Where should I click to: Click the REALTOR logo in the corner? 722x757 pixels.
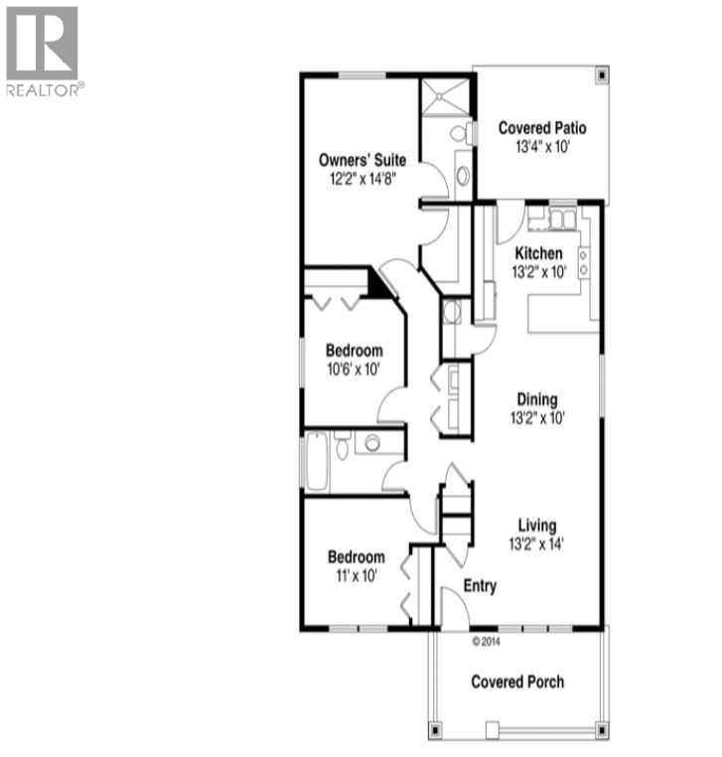pyautogui.click(x=43, y=50)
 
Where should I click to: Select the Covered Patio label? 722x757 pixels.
pyautogui.click(x=541, y=128)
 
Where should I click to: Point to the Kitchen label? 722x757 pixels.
pyautogui.click(x=537, y=253)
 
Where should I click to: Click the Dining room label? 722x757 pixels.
pyautogui.click(x=536, y=399)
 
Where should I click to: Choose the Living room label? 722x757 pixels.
pyautogui.click(x=536, y=526)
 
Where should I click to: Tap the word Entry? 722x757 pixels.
pyautogui.click(x=480, y=586)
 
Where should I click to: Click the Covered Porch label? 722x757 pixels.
pyautogui.click(x=517, y=681)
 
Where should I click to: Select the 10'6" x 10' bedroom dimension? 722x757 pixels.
pyautogui.click(x=353, y=370)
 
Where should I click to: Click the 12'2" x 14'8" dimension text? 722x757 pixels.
pyautogui.click(x=358, y=180)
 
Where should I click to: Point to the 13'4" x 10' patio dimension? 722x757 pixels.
pyautogui.click(x=541, y=147)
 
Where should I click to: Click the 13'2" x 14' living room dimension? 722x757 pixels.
pyautogui.click(x=536, y=543)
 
